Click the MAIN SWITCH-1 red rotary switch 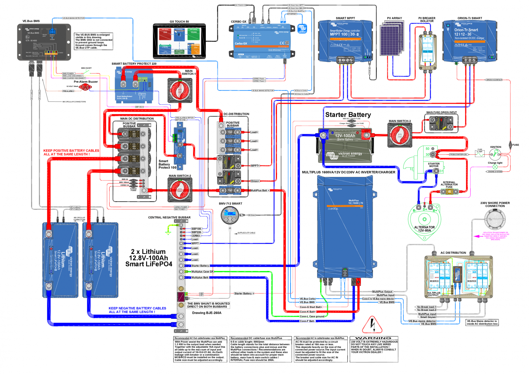point(179,90)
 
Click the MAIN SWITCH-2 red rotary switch point(180,190)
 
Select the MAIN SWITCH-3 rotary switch point(400,135)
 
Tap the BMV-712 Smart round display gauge point(230,215)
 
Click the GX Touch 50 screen point(179,41)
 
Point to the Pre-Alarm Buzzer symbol point(85,87)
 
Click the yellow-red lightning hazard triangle point(372,325)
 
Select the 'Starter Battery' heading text point(348,115)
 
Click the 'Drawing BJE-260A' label point(207,313)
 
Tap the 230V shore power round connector point(495,219)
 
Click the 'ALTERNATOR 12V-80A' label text point(424,229)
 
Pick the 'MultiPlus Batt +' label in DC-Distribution point(260,190)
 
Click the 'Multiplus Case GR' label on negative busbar point(202,272)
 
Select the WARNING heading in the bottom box point(373,338)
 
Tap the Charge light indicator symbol point(495,167)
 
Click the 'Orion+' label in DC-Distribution point(255,181)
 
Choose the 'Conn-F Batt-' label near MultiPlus point(307,321)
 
